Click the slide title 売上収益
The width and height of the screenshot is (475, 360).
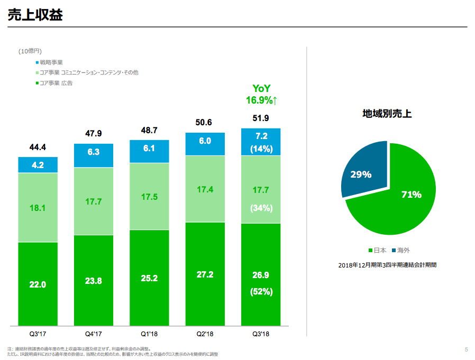tap(35, 15)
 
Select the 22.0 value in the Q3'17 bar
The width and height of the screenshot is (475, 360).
tap(38, 284)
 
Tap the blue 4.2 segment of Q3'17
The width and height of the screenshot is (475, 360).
tap(38, 165)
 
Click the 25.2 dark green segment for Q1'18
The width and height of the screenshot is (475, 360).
tap(149, 278)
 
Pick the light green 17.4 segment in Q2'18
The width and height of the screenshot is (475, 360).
tap(205, 189)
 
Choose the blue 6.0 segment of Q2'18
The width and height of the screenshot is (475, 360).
tap(205, 141)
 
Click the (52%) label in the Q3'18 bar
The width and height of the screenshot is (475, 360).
tap(261, 291)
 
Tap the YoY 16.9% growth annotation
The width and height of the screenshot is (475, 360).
tap(261, 95)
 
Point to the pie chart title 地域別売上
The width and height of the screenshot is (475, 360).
tap(387, 113)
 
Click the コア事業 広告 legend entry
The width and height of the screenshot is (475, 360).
tap(56, 83)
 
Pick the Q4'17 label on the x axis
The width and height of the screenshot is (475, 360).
tap(93, 334)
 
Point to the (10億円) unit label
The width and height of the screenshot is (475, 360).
tap(30, 51)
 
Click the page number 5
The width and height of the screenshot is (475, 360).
tap(466, 349)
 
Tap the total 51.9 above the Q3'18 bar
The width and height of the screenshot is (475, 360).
tap(261, 118)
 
